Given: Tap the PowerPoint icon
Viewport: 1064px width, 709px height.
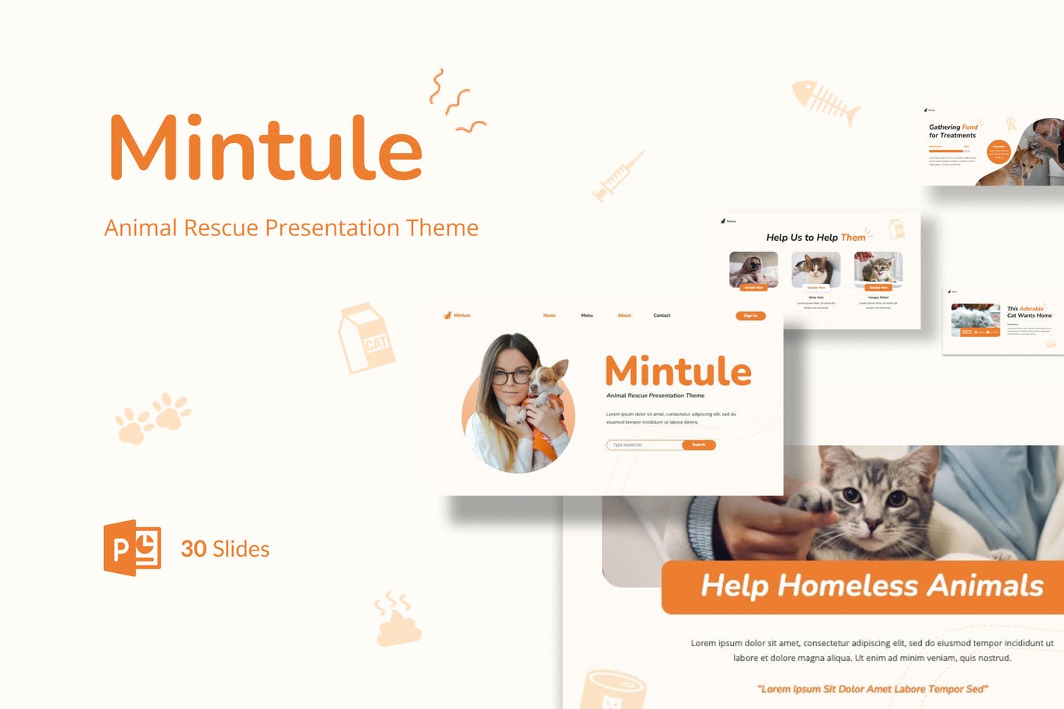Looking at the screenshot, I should [x=132, y=547].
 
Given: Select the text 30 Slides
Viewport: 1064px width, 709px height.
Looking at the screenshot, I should [x=224, y=549].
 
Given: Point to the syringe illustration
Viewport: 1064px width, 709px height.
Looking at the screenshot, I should [x=618, y=177].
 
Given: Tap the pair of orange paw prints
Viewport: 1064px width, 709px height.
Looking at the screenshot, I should [x=152, y=418].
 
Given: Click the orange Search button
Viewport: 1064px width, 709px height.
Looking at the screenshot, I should [x=699, y=445].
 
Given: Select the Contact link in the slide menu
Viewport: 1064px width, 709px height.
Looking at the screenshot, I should [x=662, y=315].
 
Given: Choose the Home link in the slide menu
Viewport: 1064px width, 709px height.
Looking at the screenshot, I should [x=549, y=315].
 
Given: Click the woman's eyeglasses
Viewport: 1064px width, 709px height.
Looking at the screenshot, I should [x=510, y=377].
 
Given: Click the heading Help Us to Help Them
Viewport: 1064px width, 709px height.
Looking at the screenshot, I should [x=815, y=238].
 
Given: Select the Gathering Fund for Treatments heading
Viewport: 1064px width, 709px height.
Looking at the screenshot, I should [x=953, y=131].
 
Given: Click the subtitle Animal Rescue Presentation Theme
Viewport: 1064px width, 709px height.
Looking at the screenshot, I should [x=291, y=228].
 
